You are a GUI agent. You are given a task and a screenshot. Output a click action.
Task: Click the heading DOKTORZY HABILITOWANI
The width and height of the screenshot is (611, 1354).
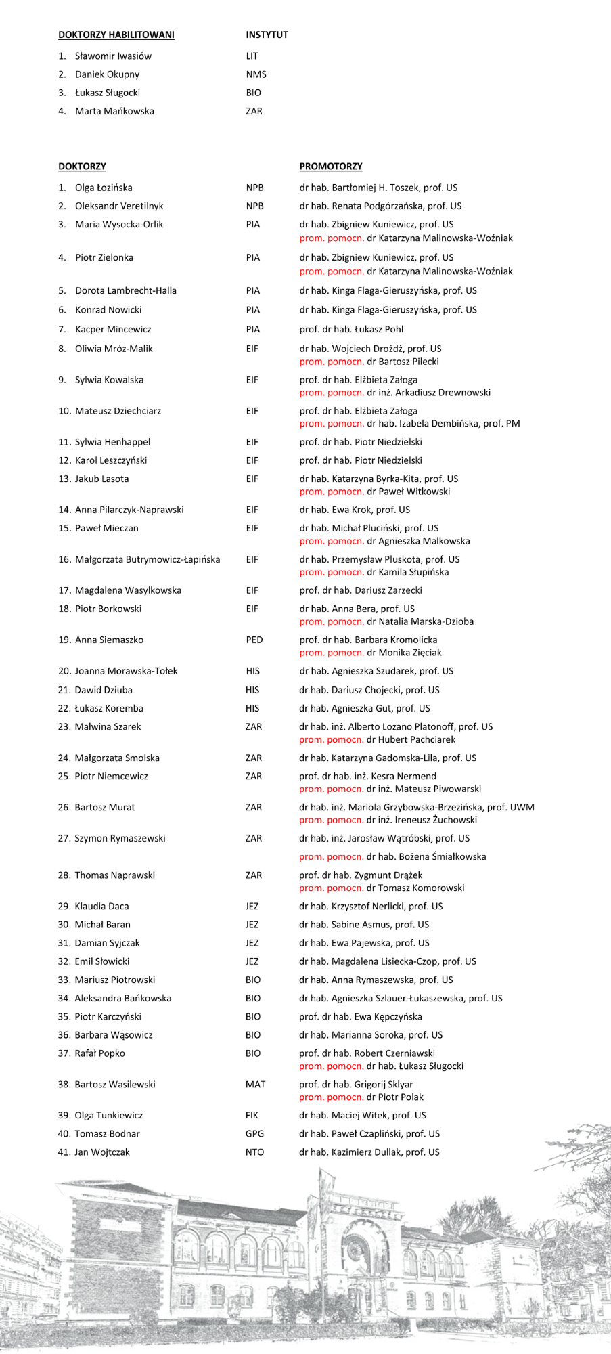pos(116,35)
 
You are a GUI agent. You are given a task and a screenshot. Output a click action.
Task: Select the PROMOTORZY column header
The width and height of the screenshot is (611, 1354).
pos(331,167)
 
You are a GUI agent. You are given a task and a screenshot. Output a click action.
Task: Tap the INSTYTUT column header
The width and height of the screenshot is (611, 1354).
pos(267,35)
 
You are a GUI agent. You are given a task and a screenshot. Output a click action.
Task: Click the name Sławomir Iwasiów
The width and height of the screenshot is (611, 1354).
pos(113,56)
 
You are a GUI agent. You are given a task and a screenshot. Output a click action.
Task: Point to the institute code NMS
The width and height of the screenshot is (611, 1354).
pos(256,74)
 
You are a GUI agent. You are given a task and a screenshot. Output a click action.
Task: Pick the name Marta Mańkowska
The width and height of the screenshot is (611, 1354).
pos(114,111)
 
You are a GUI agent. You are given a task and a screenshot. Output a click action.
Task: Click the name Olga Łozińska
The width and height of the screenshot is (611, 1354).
pos(104,188)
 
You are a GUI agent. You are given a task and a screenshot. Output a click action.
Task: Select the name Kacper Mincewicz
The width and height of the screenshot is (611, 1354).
pos(113,329)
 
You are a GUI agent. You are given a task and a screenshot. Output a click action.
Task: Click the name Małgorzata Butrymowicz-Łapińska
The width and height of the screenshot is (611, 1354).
pos(148,559)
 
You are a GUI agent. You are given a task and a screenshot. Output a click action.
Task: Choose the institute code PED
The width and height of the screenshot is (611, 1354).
pos(254,640)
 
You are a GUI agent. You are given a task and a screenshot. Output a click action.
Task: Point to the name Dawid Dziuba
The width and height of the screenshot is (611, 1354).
pos(104,690)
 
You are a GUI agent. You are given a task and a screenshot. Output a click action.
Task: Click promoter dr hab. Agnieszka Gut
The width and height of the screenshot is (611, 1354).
pos(364,708)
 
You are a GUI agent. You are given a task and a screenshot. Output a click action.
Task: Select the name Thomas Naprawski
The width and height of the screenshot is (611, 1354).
pos(114,875)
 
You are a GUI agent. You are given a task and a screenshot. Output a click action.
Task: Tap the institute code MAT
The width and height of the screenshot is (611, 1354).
pos(255,1084)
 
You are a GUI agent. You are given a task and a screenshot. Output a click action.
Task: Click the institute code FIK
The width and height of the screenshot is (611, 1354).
pos(252,1115)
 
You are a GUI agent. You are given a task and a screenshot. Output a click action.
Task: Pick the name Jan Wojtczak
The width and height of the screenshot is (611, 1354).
pos(102,1152)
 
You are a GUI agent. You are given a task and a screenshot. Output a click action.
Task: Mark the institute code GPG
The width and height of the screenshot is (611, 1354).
pos(254,1133)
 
